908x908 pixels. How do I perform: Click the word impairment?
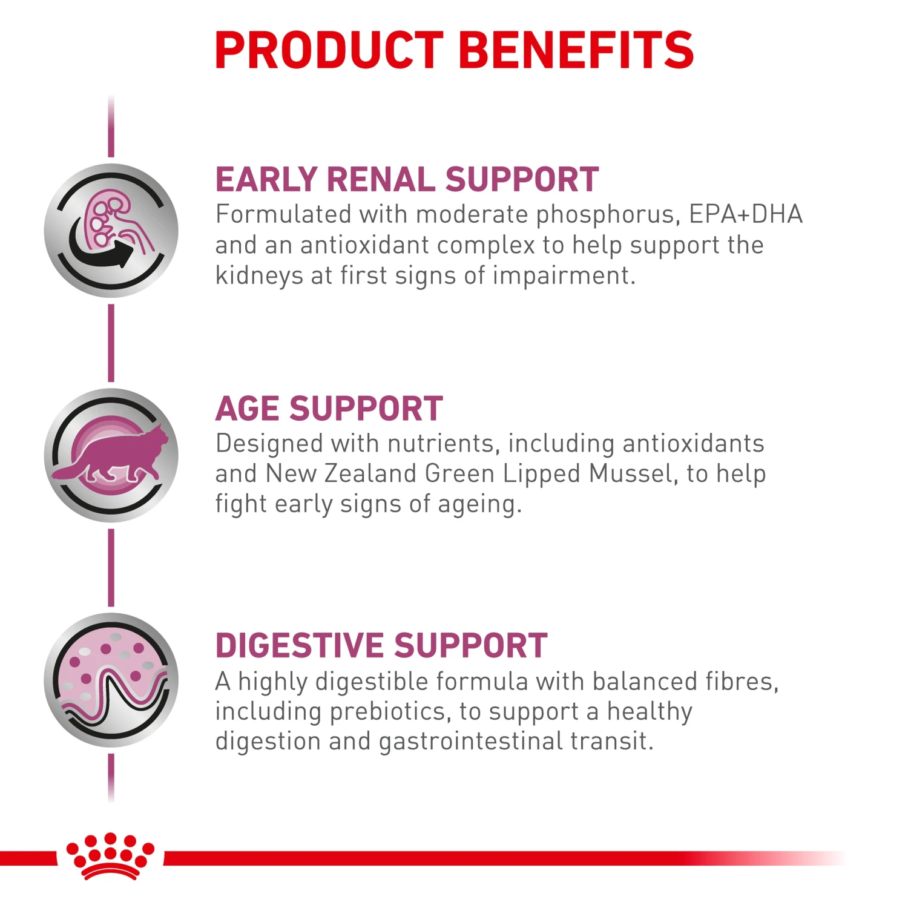(564, 277)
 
